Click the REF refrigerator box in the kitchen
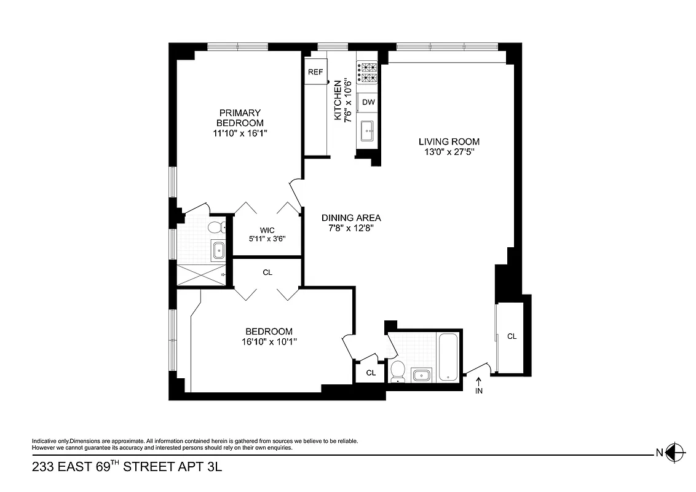pyautogui.click(x=315, y=72)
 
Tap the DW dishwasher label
pyautogui.click(x=368, y=102)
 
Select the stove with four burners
pyautogui.click(x=368, y=73)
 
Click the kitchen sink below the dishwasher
pyautogui.click(x=368, y=130)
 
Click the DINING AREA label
pyautogui.click(x=351, y=218)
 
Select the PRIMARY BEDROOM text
pyautogui.click(x=240, y=117)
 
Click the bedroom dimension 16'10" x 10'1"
pyautogui.click(x=269, y=341)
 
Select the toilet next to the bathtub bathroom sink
pyautogui.click(x=397, y=371)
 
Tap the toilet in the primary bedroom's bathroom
pyautogui.click(x=215, y=228)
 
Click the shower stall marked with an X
pyautogui.click(x=200, y=273)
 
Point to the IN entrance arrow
pyautogui.click(x=479, y=386)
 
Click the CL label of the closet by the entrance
pyautogui.click(x=512, y=336)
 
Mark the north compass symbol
pyautogui.click(x=675, y=453)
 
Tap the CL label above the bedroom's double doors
pyautogui.click(x=267, y=272)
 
